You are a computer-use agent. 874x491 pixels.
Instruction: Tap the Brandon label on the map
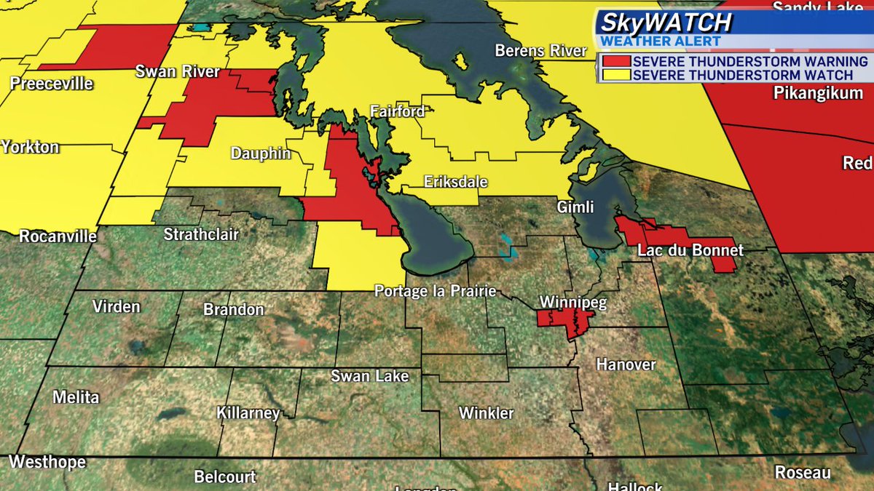233,309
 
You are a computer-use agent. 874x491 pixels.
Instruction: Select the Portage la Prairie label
435,291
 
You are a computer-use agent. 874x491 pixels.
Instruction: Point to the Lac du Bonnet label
690,250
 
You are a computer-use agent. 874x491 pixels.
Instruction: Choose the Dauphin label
261,153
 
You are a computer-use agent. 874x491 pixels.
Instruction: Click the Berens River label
540,51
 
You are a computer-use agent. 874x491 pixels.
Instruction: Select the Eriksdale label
456,182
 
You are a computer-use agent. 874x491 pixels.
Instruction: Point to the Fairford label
397,112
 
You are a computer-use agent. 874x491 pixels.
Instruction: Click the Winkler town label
486,413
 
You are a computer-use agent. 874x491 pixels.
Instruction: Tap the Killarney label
248,413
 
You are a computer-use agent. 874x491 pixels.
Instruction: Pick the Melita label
76,397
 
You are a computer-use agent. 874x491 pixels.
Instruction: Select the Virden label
116,306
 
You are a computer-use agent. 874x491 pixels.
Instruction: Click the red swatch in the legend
614,62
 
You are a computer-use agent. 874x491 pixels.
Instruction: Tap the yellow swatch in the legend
614,75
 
